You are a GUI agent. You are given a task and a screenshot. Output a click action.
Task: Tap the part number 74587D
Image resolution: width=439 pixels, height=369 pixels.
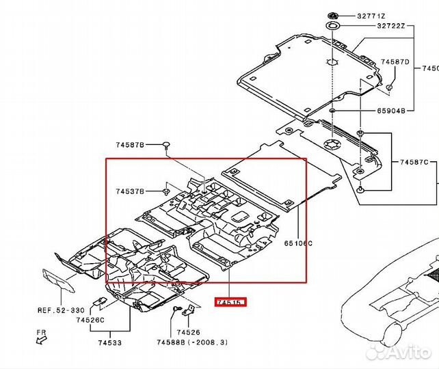[x=395, y=62]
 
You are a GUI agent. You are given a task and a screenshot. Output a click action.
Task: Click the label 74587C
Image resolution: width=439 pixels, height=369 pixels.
[x=414, y=162]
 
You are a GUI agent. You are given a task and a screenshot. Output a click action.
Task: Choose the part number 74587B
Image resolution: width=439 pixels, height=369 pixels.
[x=129, y=145]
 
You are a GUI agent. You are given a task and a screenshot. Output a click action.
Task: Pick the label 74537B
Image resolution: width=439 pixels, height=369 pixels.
[x=129, y=192]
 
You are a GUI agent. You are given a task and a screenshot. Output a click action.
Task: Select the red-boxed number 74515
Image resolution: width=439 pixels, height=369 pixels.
[x=230, y=301]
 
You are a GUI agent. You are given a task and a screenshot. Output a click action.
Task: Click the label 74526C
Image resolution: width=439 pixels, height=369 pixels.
[x=90, y=320]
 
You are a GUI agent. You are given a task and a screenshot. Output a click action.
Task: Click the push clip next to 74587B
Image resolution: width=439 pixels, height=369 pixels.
[x=166, y=144]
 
